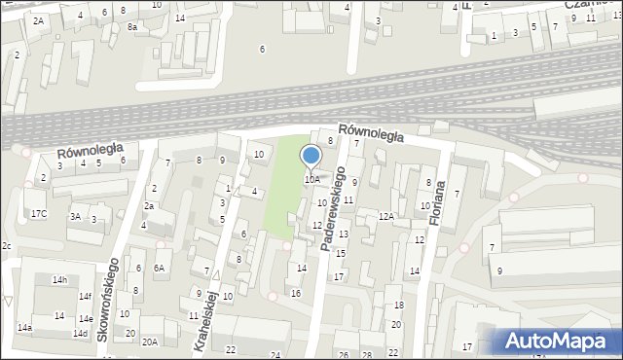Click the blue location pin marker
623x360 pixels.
coord(311,156)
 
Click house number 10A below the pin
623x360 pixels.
coord(311,180)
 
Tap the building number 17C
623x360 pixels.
coord(37,213)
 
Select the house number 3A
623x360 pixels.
coord(74,217)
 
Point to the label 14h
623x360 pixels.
coord(60,280)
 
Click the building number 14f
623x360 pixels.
coord(85,297)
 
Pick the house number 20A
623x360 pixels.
coord(149,342)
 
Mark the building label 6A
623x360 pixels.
coord(160,269)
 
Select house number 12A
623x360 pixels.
coord(386,217)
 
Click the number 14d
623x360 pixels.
coord(79,334)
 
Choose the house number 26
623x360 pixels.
coord(343,355)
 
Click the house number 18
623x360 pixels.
coord(397,306)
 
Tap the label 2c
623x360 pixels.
coord(6,246)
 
